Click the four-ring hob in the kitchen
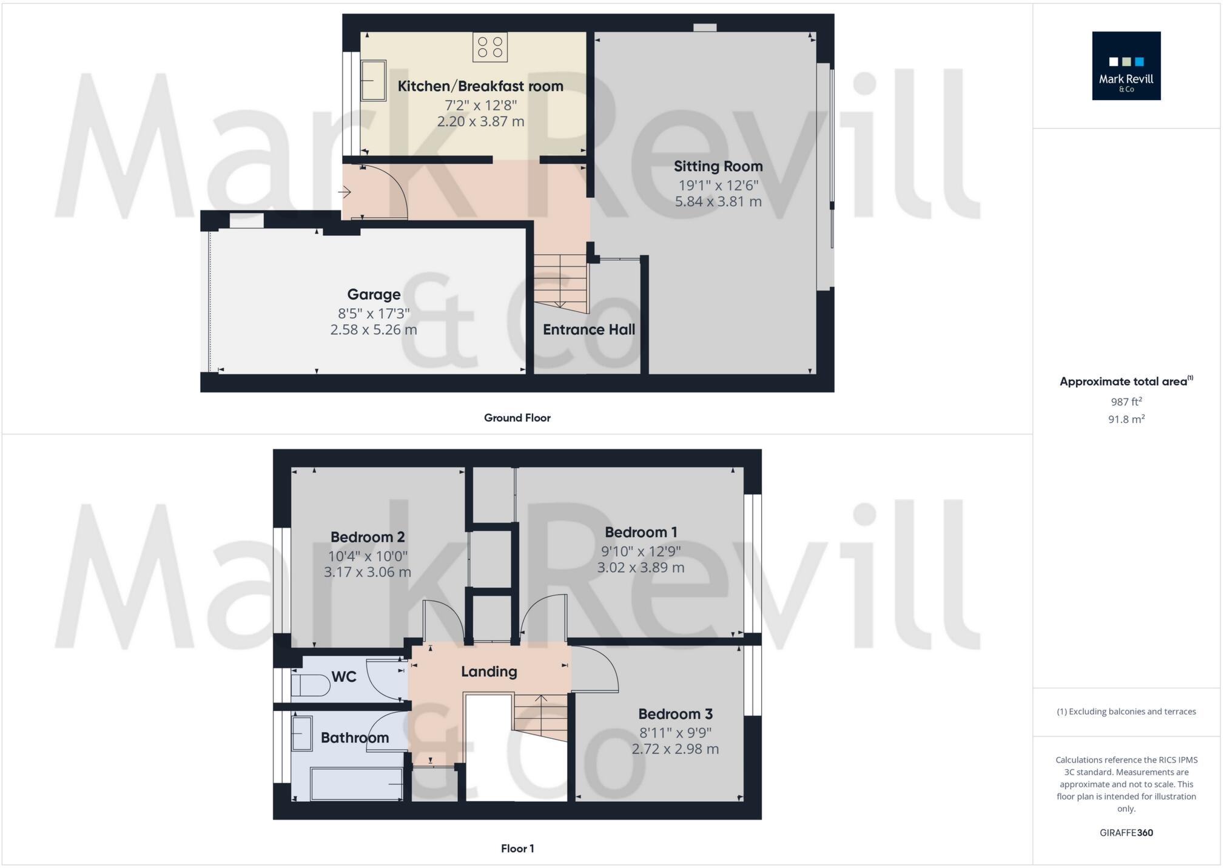coord(490,47)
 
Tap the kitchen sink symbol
coord(374,80)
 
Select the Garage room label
coord(374,295)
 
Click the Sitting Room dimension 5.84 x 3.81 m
coord(718,201)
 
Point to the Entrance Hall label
coord(588,330)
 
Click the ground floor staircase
coord(560,281)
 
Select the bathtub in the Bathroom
coord(357,784)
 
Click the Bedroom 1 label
coord(641,533)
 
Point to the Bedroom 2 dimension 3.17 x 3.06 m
coord(368,572)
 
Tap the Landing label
coord(489,671)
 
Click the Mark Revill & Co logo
coord(1126,66)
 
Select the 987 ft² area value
coord(1126,402)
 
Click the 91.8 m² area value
coord(1126,419)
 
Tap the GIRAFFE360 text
coord(1126,833)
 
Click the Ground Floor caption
coord(517,418)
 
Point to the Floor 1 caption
coord(517,849)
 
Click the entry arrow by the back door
coord(345,193)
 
